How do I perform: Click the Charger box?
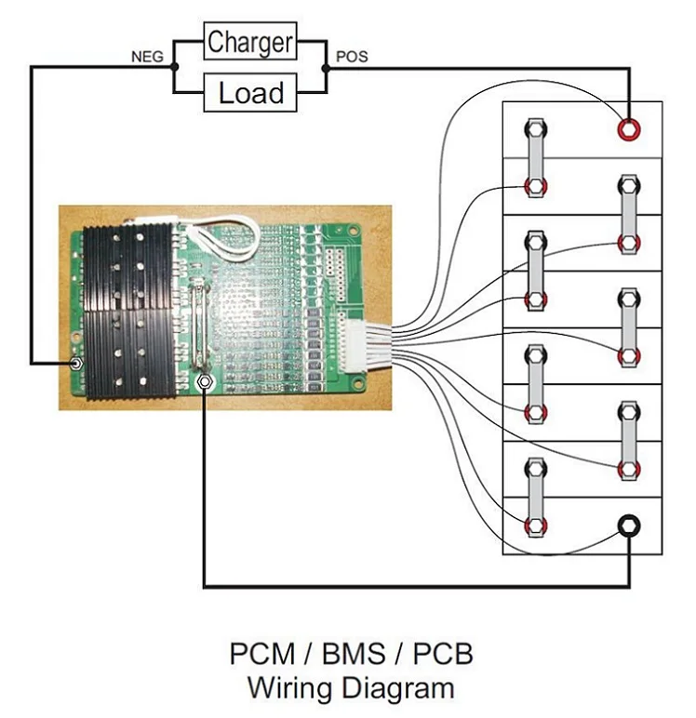point(250,42)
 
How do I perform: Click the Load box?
point(250,92)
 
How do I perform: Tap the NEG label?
point(147,58)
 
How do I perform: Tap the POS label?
point(351,57)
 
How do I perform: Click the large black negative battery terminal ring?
point(629,526)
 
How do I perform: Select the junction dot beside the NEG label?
point(173,67)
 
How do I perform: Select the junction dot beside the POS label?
point(326,67)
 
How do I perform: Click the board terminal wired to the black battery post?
point(204,381)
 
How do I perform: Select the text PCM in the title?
point(262,654)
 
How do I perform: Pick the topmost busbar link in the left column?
point(535,156)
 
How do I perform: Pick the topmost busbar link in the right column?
point(629,213)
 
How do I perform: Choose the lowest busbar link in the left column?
point(535,495)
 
